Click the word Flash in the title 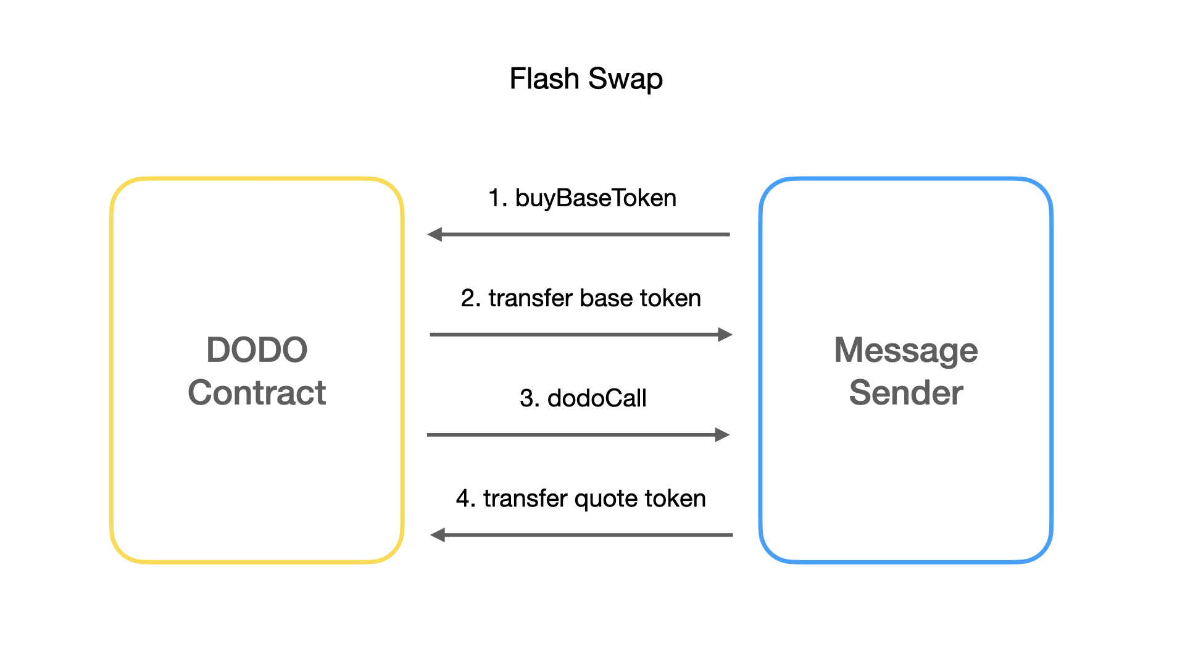[x=544, y=78]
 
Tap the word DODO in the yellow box [x=257, y=350]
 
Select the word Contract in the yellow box [x=257, y=392]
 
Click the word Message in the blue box [x=906, y=351]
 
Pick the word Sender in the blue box [x=906, y=392]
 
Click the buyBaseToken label [x=596, y=198]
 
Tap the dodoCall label [x=597, y=398]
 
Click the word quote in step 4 [x=606, y=499]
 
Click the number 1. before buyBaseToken [x=497, y=198]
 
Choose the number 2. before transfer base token [x=471, y=298]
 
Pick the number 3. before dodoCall [x=530, y=398]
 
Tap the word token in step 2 [x=670, y=298]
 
